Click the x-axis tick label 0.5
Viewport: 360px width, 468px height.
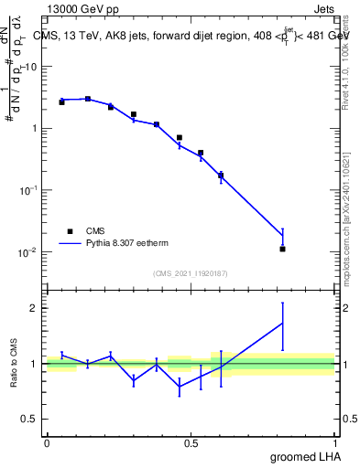[191, 442]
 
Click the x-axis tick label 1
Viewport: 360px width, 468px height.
[335, 442]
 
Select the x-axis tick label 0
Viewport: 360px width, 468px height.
[47, 442]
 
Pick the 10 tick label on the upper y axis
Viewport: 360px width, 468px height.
[35, 67]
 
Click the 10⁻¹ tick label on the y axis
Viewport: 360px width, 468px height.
[31, 190]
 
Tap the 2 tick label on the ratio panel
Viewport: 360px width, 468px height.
[37, 308]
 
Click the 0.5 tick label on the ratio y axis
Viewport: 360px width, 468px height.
[32, 420]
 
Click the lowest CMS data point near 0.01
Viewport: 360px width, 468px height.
[283, 249]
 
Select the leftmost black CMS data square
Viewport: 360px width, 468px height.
[61, 102]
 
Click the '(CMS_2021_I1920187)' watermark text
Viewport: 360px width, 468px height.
[191, 273]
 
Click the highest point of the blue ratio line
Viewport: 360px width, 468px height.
[283, 323]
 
